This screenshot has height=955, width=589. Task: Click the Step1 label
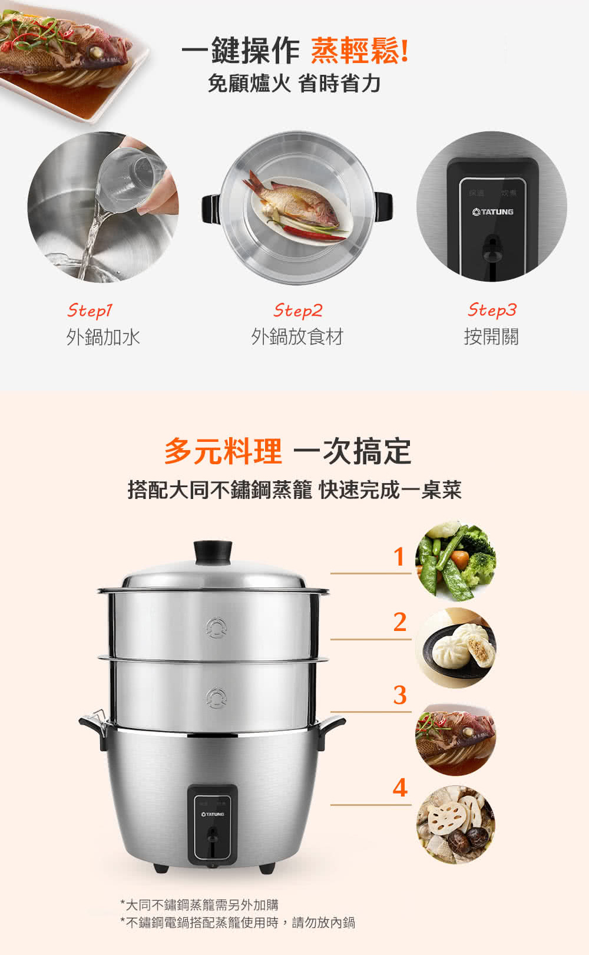[90, 310]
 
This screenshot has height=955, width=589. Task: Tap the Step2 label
[298, 310]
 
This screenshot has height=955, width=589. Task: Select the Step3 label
[492, 310]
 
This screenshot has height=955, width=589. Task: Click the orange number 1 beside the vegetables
[399, 557]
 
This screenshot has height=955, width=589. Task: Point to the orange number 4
[400, 788]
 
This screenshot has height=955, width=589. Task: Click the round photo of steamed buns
[456, 647]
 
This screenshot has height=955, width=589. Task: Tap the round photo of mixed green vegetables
[456, 560]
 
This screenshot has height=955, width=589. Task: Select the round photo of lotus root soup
[456, 825]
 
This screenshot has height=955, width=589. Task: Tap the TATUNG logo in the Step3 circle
[492, 212]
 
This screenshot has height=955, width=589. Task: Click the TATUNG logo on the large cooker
[213, 814]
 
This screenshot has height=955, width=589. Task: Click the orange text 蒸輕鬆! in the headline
[360, 51]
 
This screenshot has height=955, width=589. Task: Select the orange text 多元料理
[223, 451]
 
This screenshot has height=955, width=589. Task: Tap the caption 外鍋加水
[102, 337]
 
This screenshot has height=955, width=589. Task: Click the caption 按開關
[491, 336]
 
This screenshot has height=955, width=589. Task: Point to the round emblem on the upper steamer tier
[216, 627]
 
